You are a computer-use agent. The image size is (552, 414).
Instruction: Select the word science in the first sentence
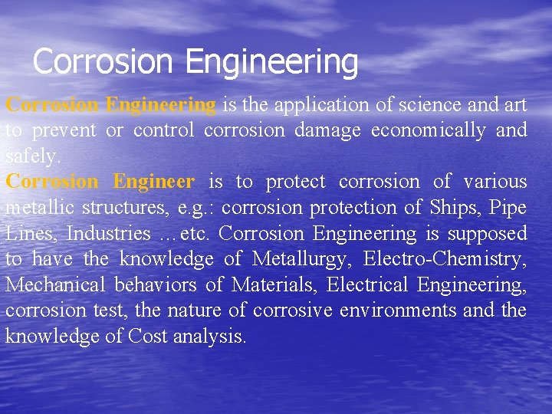pyautogui.click(x=384, y=104)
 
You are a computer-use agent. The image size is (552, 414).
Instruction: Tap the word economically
pyautogui.click(x=428, y=130)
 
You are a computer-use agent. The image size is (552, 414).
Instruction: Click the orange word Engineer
pyautogui.click(x=153, y=182)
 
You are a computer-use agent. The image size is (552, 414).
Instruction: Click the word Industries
pyautogui.click(x=109, y=233)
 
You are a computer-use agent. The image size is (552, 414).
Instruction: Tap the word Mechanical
pyautogui.click(x=56, y=285)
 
